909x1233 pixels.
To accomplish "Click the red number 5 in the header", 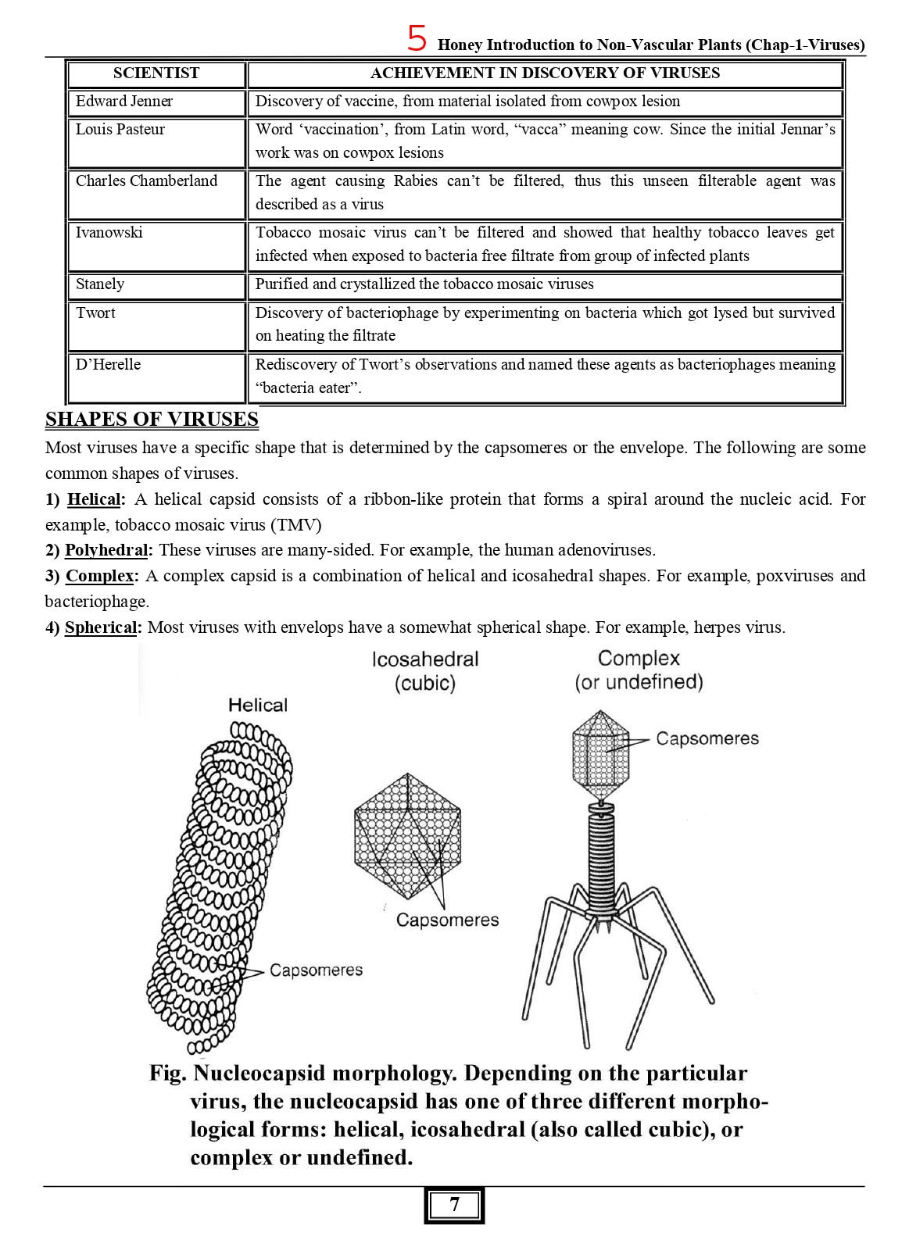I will pyautogui.click(x=417, y=38).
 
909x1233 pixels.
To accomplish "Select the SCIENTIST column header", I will pyautogui.click(x=156, y=73).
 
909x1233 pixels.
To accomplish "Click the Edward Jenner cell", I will pyautogui.click(x=124, y=101).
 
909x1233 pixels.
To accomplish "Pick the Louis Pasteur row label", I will pyautogui.click(x=120, y=129).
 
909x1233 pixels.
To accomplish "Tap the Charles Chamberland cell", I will pyautogui.click(x=146, y=180).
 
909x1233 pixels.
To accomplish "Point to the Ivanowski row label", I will pyautogui.click(x=109, y=232).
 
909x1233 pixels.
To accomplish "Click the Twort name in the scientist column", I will pyautogui.click(x=95, y=313).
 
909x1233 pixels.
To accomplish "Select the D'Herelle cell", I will pyautogui.click(x=108, y=364).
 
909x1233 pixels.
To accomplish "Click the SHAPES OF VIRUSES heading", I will pyautogui.click(x=152, y=420).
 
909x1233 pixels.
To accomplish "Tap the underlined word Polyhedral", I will pyautogui.click(x=106, y=550).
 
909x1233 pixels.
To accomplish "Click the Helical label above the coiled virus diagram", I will pyautogui.click(x=258, y=705).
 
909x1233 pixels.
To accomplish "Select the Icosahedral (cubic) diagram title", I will pyautogui.click(x=425, y=670).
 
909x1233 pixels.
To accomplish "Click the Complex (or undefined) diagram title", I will pyautogui.click(x=639, y=670).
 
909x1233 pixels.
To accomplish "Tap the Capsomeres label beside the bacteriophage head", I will pyautogui.click(x=707, y=738).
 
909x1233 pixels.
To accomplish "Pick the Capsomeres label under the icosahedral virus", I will pyautogui.click(x=447, y=920).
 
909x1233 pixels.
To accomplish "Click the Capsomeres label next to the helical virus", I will pyautogui.click(x=316, y=970).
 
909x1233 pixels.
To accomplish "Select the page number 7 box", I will pyautogui.click(x=455, y=1205).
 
